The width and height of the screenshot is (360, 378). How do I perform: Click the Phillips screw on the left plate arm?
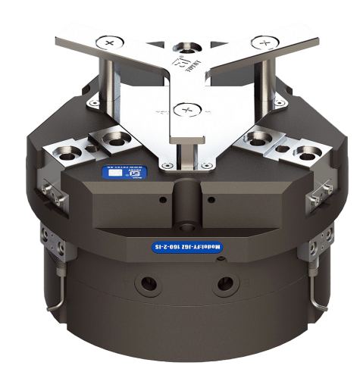click(x=111, y=44)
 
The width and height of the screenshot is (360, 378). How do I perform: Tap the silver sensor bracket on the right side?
click(x=317, y=198)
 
